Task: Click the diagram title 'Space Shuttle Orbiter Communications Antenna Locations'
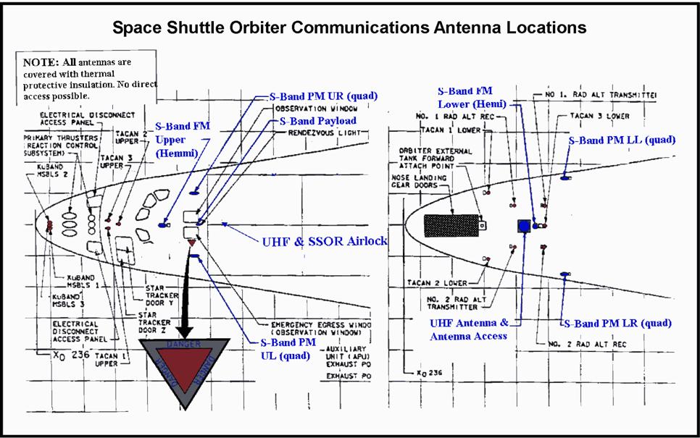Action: [x=349, y=28]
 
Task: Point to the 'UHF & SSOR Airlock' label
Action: [x=323, y=241]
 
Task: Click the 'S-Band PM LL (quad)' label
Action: [x=622, y=140]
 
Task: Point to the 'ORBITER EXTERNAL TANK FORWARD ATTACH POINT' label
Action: [x=430, y=159]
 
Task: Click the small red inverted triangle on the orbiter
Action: [x=192, y=243]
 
